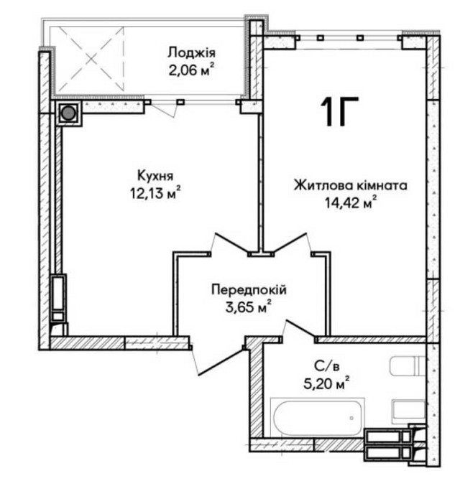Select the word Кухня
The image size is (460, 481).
155,175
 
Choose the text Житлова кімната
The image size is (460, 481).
350,185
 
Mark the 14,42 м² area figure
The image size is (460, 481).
351,203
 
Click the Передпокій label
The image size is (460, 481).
249,290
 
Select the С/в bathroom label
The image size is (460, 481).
326,365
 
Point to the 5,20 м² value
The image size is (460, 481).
326,382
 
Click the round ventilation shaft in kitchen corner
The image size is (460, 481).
69,113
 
